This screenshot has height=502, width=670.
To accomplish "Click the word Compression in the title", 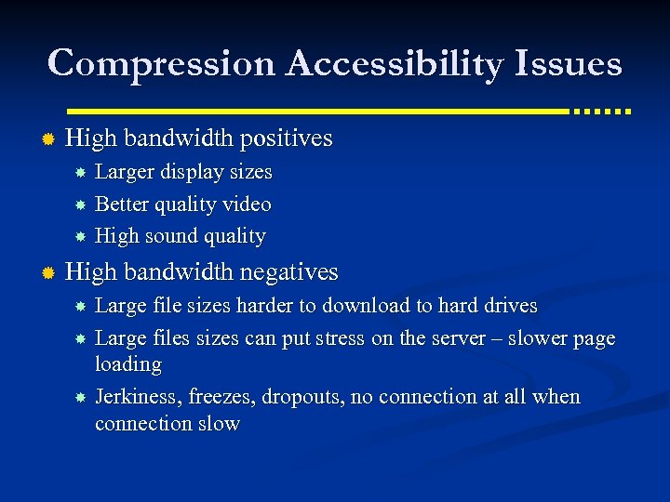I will [x=161, y=64].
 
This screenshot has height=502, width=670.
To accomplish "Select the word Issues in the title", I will [x=569, y=64].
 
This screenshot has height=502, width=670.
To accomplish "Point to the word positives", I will [x=286, y=139].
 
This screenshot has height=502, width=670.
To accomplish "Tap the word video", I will [x=247, y=204].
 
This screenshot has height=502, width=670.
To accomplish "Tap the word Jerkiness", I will [x=138, y=397].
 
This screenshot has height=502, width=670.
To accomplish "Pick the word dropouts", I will [x=296, y=397].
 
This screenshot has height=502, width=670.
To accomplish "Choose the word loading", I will [x=128, y=364].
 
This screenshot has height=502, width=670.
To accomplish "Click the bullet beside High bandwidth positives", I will [x=49, y=139].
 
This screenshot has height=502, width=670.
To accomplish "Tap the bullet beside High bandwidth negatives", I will [x=49, y=273].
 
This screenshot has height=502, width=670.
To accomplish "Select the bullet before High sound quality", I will [x=81, y=237].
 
